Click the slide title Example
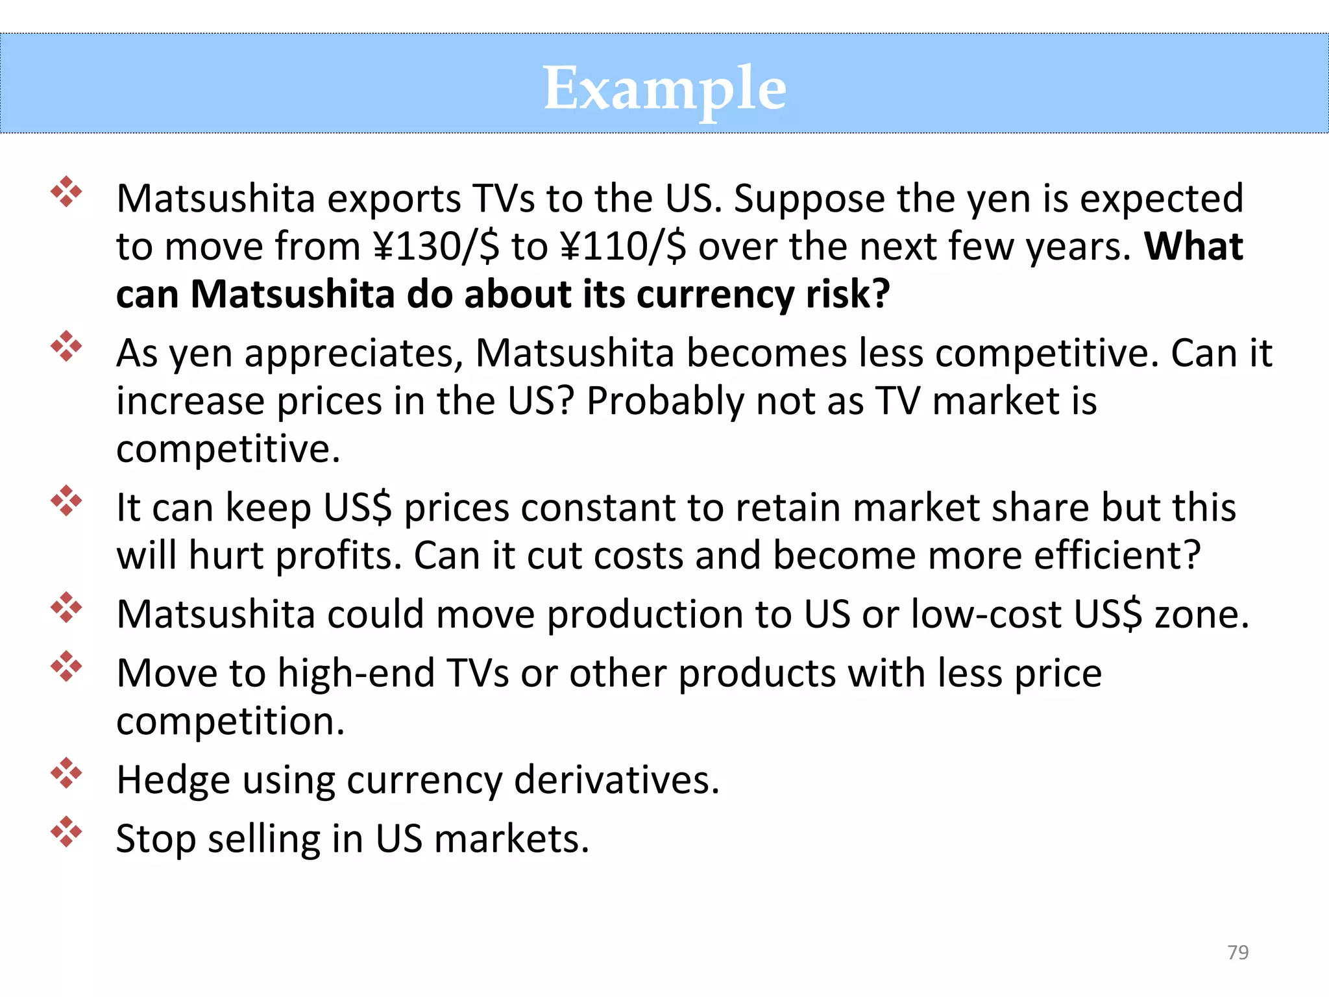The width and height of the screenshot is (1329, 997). click(664, 88)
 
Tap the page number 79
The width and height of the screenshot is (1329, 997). click(1238, 952)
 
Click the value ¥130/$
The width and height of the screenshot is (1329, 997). click(437, 247)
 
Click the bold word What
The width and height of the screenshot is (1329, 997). click(1193, 247)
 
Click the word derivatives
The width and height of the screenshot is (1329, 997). click(616, 780)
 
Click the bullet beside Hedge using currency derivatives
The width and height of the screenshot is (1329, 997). click(66, 773)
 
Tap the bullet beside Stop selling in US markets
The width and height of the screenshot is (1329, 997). click(66, 831)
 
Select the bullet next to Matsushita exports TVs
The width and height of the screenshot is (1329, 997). click(66, 191)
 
